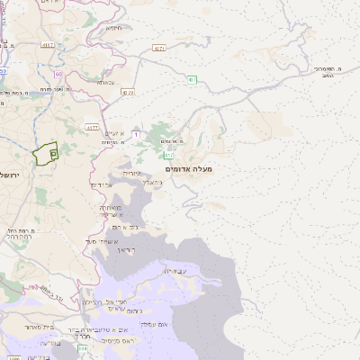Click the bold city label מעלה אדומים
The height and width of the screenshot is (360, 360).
189,168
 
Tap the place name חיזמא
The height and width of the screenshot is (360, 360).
113,28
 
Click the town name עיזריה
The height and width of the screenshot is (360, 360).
131,172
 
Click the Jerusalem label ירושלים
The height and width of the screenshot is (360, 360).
9,174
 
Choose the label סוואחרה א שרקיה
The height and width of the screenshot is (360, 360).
112,211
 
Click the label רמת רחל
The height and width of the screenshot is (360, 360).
20,236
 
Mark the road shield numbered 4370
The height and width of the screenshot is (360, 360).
92,128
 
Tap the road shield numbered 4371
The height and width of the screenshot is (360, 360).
159,48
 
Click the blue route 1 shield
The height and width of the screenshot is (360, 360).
136,134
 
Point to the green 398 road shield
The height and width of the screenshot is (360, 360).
84,348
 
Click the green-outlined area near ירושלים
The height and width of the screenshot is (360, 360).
45,153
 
